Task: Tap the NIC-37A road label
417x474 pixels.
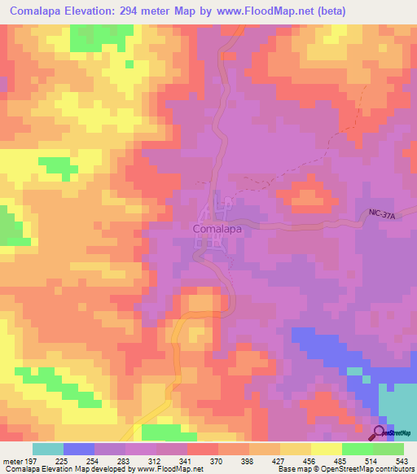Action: [381, 213]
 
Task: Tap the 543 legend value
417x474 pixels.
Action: [402, 461]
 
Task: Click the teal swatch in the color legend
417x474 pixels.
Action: [47, 449]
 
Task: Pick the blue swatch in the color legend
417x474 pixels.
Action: [78, 449]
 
